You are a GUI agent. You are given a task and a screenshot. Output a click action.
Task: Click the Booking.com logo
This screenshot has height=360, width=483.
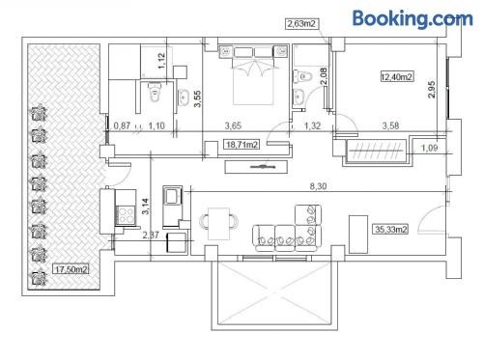412,18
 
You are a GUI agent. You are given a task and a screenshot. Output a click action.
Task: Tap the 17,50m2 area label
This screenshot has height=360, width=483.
71,269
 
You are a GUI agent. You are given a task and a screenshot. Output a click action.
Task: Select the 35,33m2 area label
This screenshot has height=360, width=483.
391,229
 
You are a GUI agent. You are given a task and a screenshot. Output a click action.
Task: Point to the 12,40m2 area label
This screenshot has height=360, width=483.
397,77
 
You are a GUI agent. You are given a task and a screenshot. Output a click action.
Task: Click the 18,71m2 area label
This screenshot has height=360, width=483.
241,145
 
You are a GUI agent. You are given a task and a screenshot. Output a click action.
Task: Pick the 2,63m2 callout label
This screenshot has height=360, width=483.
300,24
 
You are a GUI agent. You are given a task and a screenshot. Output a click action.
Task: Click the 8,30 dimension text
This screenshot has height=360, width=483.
318,186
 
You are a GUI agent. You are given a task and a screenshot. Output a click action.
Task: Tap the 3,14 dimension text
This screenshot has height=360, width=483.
146,207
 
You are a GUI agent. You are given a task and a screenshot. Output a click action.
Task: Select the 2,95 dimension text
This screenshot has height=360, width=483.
432,90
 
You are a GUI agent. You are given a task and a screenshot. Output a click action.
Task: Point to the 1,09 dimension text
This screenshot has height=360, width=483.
430,148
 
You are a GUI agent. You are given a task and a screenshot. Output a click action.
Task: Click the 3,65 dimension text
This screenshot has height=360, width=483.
233,125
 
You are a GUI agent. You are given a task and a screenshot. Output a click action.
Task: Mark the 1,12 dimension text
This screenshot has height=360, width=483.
161,61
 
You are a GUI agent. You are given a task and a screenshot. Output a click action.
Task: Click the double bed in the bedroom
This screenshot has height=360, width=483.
253,75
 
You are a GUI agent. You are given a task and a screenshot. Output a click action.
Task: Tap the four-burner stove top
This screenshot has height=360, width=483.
126,214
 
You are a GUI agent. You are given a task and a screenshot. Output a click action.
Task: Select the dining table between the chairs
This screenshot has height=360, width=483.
219,224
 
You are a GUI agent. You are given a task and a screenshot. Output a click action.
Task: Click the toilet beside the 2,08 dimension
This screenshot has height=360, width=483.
302,77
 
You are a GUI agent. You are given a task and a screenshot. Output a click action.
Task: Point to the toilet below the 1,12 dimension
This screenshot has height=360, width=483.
155,92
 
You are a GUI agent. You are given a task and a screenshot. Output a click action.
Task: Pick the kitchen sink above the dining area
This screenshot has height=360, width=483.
172,195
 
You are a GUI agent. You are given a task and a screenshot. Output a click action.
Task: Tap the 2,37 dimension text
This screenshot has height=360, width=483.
151,235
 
